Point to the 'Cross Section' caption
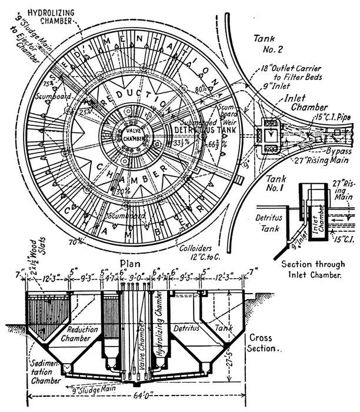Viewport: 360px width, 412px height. tap(262, 343)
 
